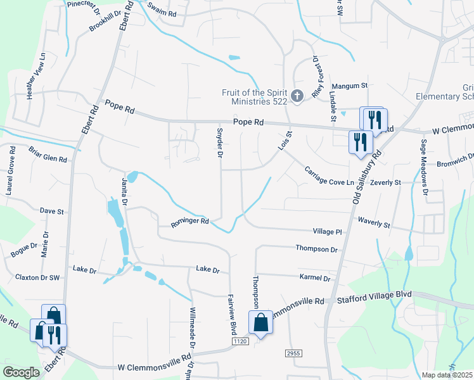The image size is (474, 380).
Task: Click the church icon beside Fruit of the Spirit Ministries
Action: point(297,96)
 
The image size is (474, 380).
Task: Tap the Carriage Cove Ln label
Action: point(328,177)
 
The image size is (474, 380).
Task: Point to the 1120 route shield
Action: point(239,341)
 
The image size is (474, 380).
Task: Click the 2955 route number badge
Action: point(293,352)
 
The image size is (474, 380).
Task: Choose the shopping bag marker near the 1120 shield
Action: point(260,323)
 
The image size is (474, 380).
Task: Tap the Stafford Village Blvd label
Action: point(375,296)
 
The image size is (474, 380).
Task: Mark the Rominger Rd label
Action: point(189,222)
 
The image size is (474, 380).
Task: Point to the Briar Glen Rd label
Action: point(48,155)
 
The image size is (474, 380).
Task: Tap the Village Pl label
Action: point(327,232)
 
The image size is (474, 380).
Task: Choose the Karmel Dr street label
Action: point(317,278)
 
